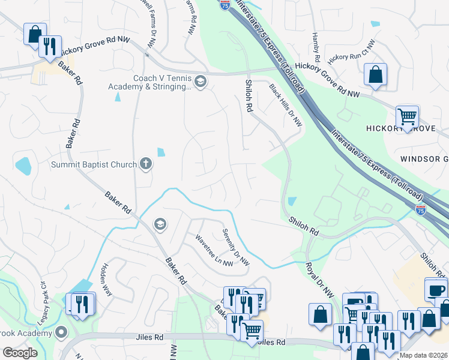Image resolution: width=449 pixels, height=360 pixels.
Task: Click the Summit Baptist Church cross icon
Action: pos(145,163)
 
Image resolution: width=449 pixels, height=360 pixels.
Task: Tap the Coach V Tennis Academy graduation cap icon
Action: pos(200,82)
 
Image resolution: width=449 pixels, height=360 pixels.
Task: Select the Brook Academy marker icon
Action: pos(61,332)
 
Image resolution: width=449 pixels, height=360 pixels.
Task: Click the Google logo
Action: pos(20,353)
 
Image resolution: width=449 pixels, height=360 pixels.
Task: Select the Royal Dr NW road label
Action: pos(319,280)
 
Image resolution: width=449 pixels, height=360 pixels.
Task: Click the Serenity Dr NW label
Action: pos(236,247)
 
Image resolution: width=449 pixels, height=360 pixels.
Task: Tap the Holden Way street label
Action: pos(106,280)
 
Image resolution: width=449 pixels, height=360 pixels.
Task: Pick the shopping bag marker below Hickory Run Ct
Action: pos(375,75)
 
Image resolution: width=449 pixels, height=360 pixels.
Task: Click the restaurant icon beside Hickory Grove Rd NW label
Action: pos(50,46)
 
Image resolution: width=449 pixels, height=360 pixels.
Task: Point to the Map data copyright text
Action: pos(423,355)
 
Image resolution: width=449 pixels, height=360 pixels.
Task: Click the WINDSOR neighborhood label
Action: pos(424,159)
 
